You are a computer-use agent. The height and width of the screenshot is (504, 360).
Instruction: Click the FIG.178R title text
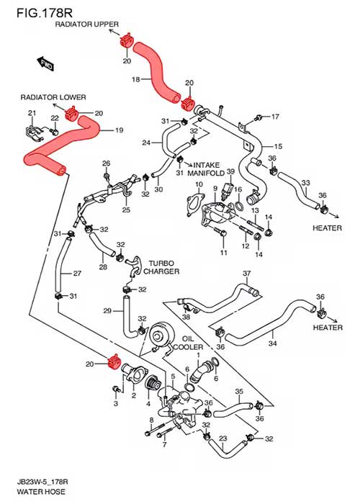45,13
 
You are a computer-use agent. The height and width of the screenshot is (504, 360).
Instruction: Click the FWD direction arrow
45,63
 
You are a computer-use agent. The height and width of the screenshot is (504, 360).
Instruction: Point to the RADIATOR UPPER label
87,24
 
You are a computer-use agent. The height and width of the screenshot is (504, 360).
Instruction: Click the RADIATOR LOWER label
53,97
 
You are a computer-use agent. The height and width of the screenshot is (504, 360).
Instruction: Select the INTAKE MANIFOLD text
206,169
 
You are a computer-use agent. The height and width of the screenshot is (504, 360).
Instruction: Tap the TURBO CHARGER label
161,267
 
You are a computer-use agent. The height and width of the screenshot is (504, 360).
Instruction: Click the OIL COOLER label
188,343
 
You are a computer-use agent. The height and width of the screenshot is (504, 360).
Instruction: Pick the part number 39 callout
231,171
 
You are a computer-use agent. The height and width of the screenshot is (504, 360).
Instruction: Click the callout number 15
278,146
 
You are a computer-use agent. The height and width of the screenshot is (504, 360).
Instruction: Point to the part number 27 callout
77,273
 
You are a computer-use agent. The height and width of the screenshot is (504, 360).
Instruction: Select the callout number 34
273,343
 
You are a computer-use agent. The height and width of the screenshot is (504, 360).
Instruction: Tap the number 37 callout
246,273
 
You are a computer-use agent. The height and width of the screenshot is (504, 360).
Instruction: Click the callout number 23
223,438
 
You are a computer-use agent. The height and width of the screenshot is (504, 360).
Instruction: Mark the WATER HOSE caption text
41,492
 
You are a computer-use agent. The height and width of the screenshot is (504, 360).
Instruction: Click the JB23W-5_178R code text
42,482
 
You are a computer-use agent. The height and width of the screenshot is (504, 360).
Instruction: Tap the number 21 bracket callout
32,113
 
